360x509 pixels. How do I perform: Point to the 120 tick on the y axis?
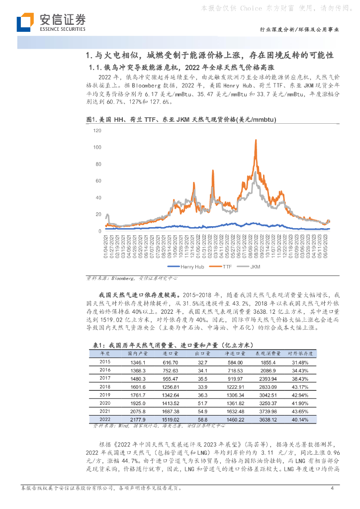(x=97, y=130)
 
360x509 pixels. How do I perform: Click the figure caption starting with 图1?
(x=181, y=120)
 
